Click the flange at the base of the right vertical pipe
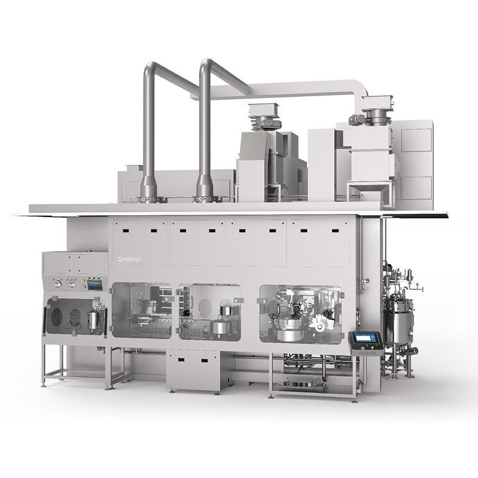click(x=204, y=195)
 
